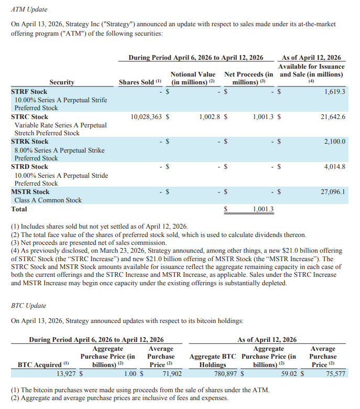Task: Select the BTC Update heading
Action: tap(28, 305)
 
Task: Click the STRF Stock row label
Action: tap(29, 91)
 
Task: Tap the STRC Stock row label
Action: tap(29, 116)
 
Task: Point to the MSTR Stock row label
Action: tap(30, 192)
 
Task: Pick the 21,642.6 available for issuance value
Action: tap(332, 116)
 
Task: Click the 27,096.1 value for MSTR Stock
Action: tap(332, 192)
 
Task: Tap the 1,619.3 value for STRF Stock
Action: tap(334, 91)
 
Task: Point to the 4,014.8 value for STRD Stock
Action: tap(334, 167)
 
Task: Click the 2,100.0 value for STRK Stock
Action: tap(334, 142)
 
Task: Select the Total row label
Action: tap(19, 209)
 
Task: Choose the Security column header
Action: tap(62, 82)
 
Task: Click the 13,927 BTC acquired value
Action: tap(66, 373)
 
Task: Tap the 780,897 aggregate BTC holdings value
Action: tap(222, 373)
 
